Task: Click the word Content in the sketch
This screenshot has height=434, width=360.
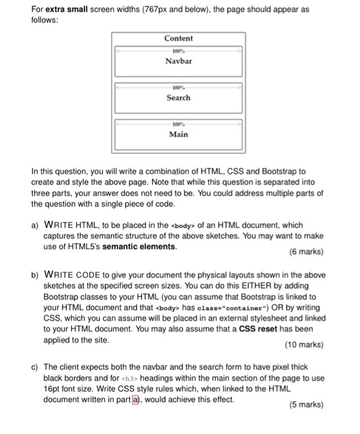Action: [179, 38]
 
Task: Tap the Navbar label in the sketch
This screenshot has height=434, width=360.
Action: [179, 61]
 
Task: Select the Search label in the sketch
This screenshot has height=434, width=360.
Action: [179, 97]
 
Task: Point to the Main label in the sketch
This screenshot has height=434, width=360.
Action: [179, 134]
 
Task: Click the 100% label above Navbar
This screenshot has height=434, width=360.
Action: [178, 50]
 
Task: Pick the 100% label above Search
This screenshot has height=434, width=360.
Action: [178, 87]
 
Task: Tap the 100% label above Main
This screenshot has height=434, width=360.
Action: [178, 124]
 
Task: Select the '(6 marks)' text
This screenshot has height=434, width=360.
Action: [306, 252]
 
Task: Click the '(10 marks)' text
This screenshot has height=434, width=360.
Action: [304, 344]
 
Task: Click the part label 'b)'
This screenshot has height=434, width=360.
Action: [35, 275]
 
